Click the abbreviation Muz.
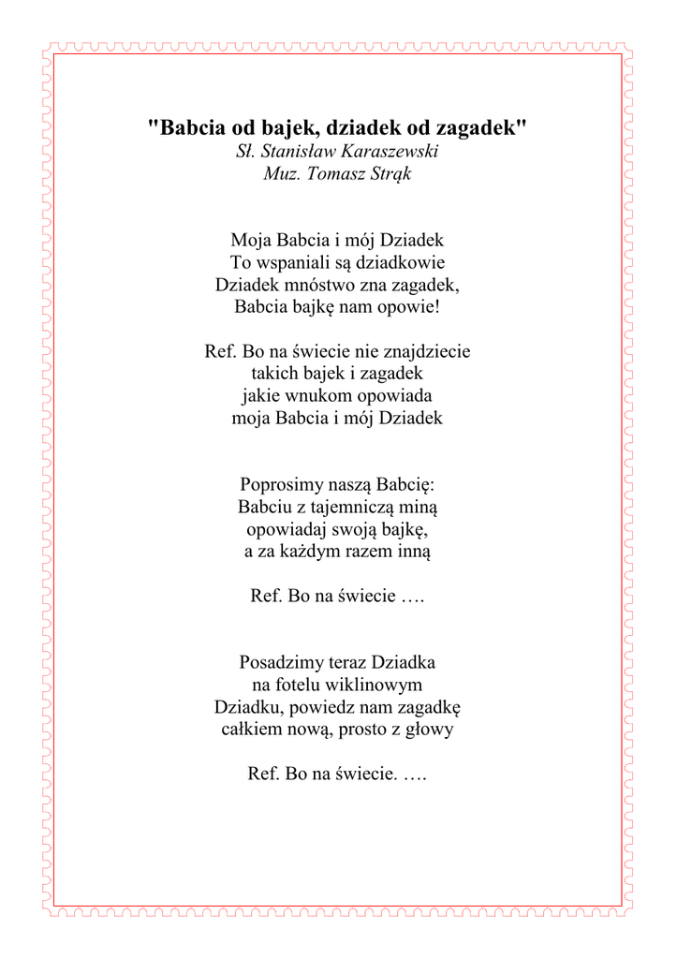point(282,174)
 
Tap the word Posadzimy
point(279,663)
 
